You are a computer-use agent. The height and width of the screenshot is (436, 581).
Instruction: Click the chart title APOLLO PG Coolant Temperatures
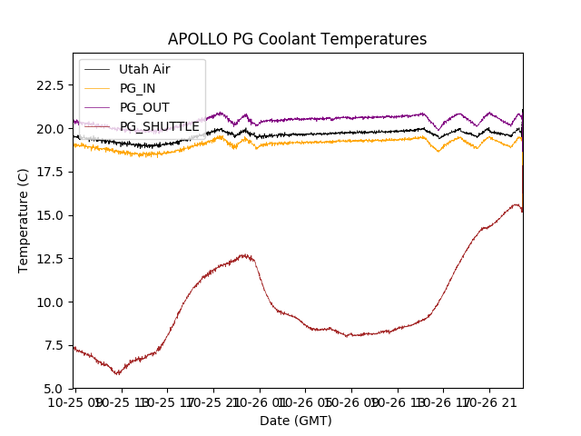[297, 40]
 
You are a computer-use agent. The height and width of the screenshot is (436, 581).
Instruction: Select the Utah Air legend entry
[144, 69]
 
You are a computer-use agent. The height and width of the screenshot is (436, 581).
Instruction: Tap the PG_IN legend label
[137, 88]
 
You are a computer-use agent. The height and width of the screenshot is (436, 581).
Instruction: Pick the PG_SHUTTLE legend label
[159, 126]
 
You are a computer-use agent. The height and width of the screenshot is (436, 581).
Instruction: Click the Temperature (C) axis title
[24, 221]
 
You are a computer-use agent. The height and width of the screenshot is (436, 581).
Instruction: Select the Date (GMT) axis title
[296, 421]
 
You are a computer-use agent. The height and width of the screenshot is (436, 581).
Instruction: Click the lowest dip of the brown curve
[117, 373]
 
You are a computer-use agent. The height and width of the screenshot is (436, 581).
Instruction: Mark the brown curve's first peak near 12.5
[243, 255]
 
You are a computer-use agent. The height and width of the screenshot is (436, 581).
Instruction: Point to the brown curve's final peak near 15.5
[516, 204]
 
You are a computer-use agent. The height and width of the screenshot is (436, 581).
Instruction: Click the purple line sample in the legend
[97, 107]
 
